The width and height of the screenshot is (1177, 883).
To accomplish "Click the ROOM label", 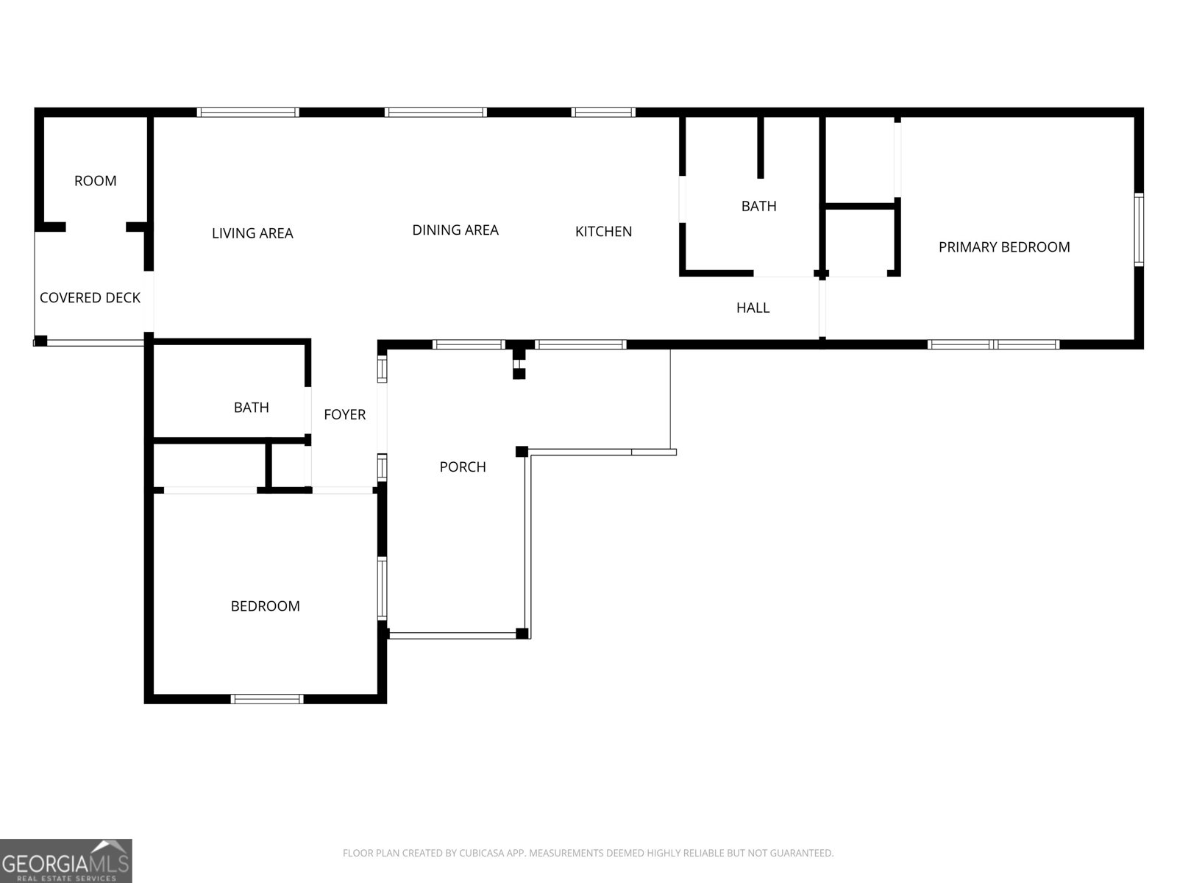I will click(x=95, y=181).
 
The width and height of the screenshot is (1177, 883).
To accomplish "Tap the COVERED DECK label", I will click(x=90, y=298).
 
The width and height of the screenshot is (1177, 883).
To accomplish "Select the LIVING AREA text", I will click(x=252, y=233).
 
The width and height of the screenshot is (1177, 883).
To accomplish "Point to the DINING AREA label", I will click(x=455, y=230).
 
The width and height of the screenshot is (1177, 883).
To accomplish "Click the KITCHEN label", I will click(x=603, y=232).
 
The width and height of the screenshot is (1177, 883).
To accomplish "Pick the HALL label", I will click(x=753, y=308).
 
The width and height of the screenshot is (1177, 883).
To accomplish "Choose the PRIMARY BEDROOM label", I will click(x=1003, y=247).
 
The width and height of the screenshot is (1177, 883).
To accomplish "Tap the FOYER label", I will click(x=344, y=415).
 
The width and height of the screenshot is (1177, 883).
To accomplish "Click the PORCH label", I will click(x=462, y=467).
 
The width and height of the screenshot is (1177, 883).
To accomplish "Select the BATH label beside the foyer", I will click(x=251, y=408).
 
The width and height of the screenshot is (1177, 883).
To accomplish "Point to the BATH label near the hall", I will click(x=758, y=206).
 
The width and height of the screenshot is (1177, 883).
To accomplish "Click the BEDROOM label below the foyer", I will click(x=265, y=606).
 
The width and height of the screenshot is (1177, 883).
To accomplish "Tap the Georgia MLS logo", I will click(x=66, y=861).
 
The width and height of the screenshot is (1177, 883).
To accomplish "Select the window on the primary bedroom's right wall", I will click(x=1138, y=229).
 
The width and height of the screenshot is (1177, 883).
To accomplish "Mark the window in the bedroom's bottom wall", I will click(x=267, y=699).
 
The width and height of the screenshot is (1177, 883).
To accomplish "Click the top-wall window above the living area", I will click(x=248, y=113).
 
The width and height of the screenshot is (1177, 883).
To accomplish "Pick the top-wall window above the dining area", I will click(x=435, y=113).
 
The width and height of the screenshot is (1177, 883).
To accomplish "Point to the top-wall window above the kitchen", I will click(x=603, y=113).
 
